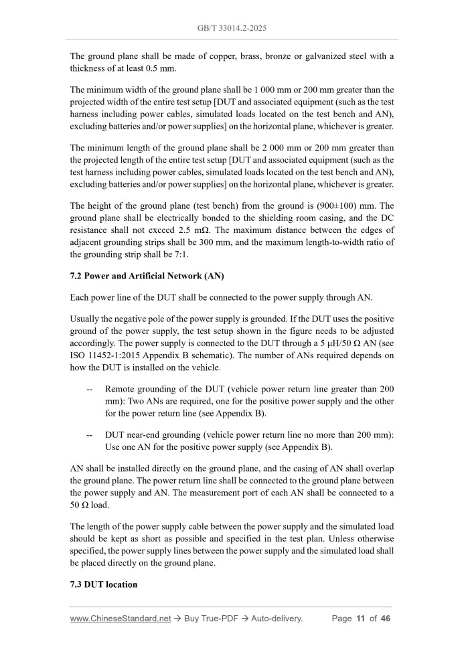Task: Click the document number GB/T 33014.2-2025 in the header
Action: coord(232,29)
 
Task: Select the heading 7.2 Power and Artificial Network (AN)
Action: coord(147,276)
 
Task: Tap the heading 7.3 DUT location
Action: coord(104,584)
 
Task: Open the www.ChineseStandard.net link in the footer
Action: coord(121,619)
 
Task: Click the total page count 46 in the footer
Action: coord(385,619)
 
